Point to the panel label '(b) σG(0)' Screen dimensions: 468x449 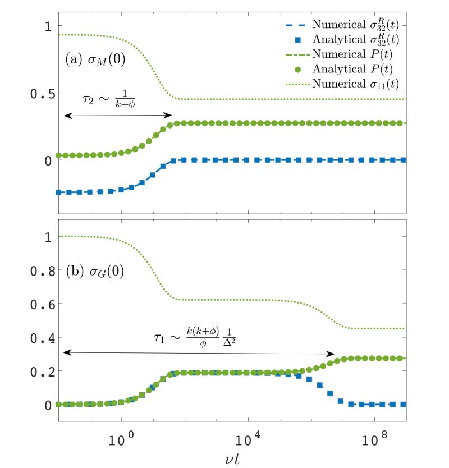94,274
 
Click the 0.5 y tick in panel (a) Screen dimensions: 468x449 40,93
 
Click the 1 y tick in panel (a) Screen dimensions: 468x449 48,26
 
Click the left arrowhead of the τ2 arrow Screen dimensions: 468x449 65,116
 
